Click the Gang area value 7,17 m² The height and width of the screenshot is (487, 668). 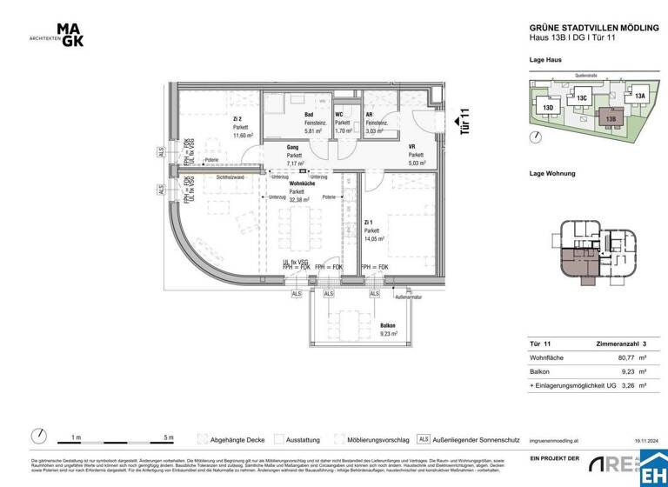click(292, 163)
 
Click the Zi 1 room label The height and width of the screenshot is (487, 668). click(370, 223)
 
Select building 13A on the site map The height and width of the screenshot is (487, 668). click(639, 96)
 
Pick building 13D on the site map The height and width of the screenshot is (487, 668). click(548, 108)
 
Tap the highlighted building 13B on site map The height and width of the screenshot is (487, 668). click(611, 118)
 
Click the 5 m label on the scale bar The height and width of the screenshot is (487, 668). click(169, 437)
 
